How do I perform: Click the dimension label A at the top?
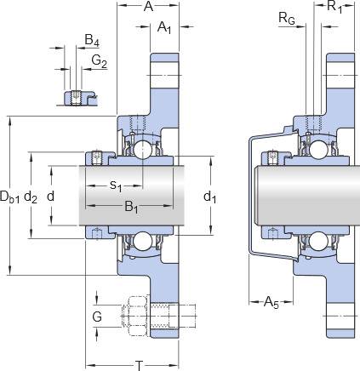point(148,6)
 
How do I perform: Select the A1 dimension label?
point(164,28)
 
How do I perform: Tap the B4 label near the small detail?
point(92,41)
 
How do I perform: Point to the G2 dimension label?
point(100,61)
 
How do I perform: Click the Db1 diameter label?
point(10,197)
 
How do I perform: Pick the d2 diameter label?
point(31,197)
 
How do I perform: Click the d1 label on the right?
point(210,197)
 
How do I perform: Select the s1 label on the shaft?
point(116,185)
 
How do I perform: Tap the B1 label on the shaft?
point(132,207)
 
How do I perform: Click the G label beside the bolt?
point(97,317)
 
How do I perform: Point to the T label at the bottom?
point(139,365)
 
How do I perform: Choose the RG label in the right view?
point(287,19)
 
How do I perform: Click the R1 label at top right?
point(334,7)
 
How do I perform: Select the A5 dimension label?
point(271,302)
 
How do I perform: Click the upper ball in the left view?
point(143,149)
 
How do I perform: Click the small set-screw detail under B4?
point(76,98)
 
